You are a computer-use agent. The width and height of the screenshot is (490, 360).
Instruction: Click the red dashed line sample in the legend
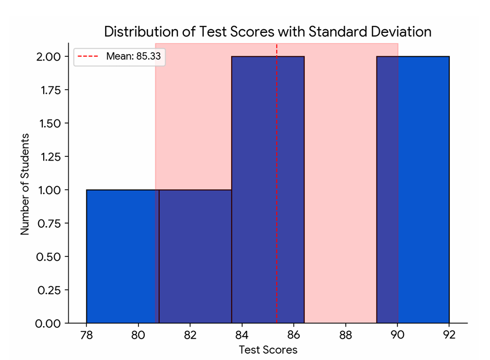pyautogui.click(x=89, y=57)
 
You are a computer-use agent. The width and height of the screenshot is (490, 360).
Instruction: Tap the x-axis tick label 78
pyautogui.click(x=86, y=335)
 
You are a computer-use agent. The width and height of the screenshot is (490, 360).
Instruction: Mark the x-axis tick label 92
pyautogui.click(x=449, y=335)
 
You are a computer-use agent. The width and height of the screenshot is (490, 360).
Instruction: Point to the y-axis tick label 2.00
pyautogui.click(x=48, y=56)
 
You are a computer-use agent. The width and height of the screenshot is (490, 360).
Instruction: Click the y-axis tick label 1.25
pyautogui.click(x=48, y=156)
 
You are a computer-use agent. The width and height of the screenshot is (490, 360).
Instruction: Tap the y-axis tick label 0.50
pyautogui.click(x=48, y=256)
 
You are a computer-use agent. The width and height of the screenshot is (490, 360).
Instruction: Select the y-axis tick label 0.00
pyautogui.click(x=48, y=324)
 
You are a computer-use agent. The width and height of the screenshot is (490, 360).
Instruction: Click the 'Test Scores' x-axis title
pyautogui.click(x=268, y=350)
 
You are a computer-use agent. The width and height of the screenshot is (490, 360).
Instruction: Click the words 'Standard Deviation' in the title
pyautogui.click(x=370, y=32)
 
